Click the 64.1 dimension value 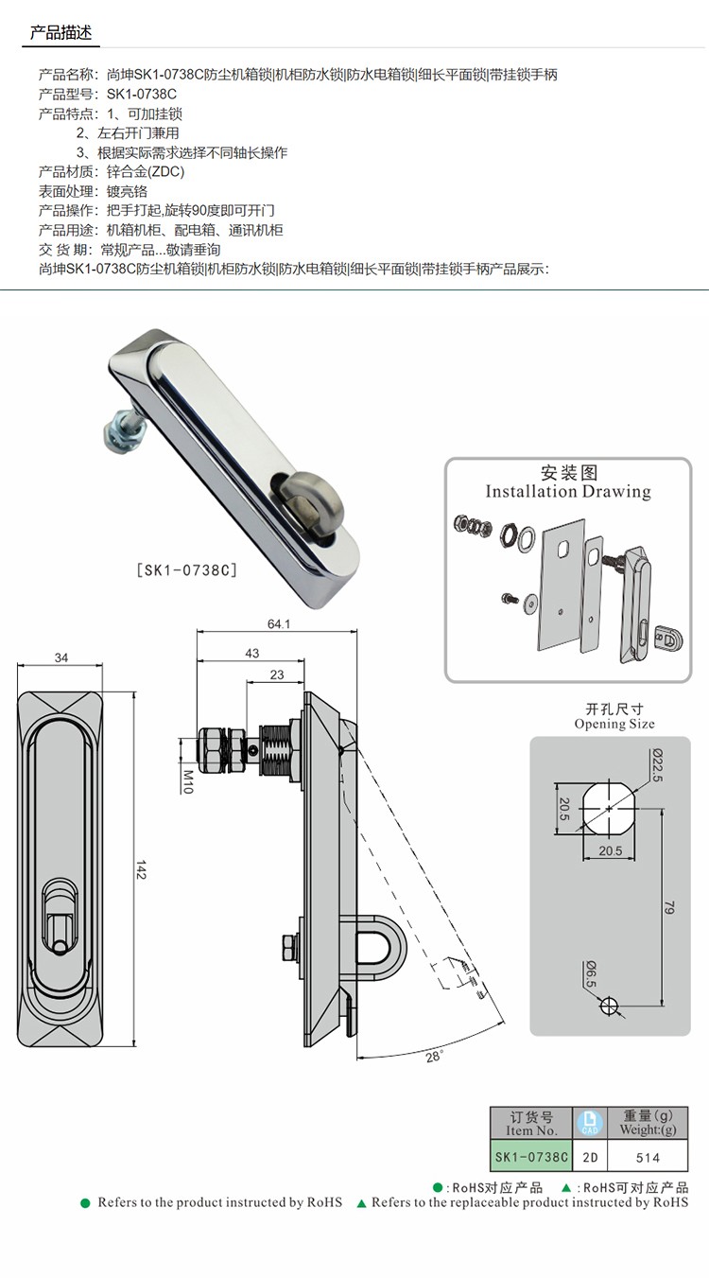click(279, 624)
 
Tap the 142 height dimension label click(141, 869)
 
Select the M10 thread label click(188, 781)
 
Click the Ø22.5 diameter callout click(657, 764)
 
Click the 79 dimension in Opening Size click(669, 908)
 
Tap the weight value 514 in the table click(648, 1158)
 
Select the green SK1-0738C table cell click(531, 1157)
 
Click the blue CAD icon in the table click(589, 1124)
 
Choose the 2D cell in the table click(590, 1157)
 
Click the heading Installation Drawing click(567, 492)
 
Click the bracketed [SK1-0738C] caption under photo click(186, 570)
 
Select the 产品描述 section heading click(61, 32)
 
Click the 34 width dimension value click(61, 657)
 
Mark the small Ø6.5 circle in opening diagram click(609, 1005)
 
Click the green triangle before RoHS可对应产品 click(566, 1187)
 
